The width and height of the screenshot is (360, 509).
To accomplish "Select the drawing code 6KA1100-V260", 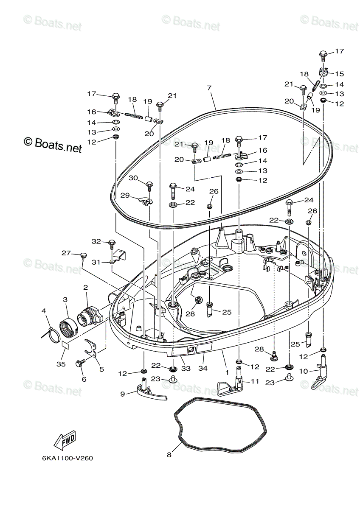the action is (67, 459).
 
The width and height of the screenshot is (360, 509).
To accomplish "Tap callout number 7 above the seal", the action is (209, 88).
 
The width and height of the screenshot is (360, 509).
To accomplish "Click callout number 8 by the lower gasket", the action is (169, 455).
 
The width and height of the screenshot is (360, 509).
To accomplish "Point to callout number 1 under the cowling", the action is (227, 372).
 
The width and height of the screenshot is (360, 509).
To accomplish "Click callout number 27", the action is (66, 253).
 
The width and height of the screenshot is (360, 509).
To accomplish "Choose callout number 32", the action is (96, 241).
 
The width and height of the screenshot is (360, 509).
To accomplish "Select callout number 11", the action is (255, 381).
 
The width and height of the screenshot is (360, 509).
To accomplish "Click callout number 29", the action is (125, 195).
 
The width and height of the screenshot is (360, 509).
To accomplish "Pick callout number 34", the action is (203, 369).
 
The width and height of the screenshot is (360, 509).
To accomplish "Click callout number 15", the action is (340, 73).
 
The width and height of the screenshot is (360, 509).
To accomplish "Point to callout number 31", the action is (96, 262).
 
